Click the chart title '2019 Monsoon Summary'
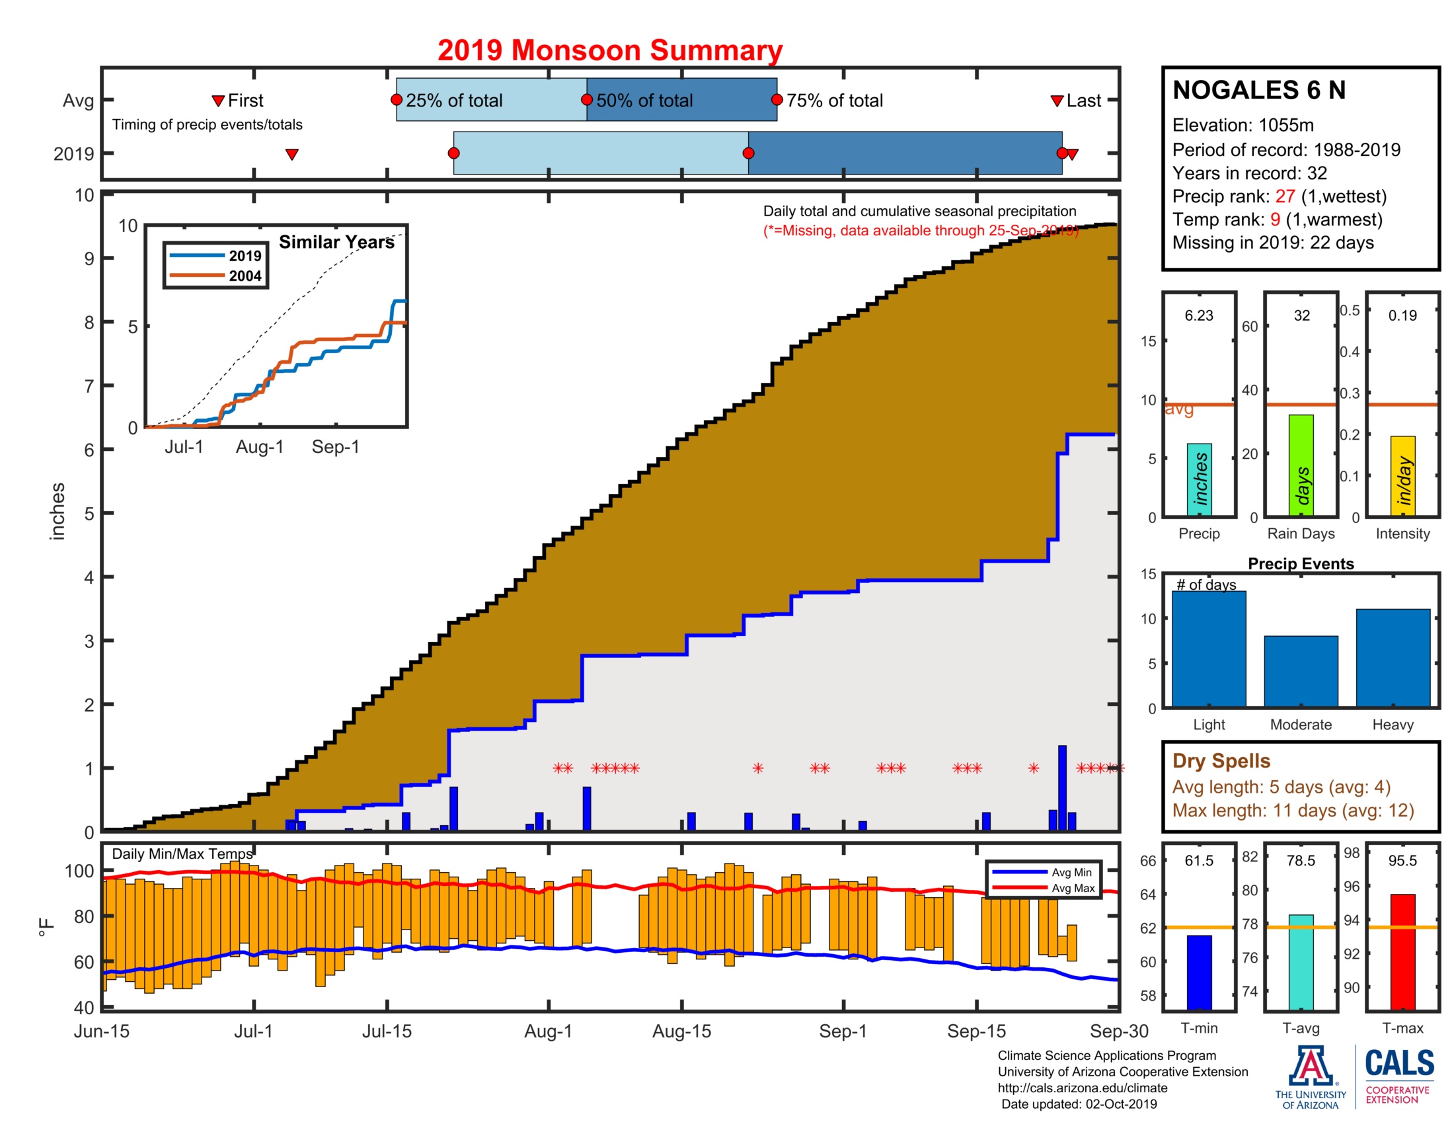point(610,51)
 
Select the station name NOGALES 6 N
point(1259,90)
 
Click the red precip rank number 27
point(1285,196)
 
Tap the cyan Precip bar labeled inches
point(1199,479)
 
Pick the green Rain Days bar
point(1301,465)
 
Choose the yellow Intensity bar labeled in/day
point(1402,476)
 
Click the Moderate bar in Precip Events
point(1301,671)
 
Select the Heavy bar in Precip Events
point(1393,658)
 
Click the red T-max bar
point(1402,952)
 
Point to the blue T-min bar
point(1199,972)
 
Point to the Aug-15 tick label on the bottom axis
point(682,1031)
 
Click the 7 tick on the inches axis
point(89,386)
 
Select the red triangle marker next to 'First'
point(217,101)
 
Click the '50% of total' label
point(644,100)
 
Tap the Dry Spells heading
point(1221,761)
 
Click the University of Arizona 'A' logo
point(1310,1066)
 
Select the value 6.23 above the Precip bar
point(1199,315)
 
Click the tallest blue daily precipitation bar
point(1062,788)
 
